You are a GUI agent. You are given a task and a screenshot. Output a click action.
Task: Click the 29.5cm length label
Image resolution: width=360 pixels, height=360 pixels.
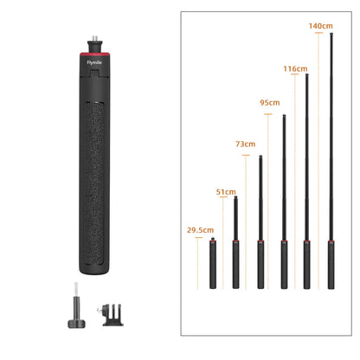point(200,230)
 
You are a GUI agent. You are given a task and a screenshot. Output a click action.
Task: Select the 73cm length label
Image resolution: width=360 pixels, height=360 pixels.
point(246,144)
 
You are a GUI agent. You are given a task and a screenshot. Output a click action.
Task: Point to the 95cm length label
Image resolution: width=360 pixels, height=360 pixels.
point(269,103)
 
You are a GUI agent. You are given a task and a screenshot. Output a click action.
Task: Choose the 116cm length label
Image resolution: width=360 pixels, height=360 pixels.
point(295,67)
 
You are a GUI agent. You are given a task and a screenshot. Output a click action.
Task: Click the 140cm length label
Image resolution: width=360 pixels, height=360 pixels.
point(320,26)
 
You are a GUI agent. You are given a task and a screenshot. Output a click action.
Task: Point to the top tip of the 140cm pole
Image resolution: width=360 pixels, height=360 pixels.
point(331,35)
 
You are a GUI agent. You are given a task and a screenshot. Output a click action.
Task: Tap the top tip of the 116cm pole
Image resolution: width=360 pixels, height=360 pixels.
point(307,76)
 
